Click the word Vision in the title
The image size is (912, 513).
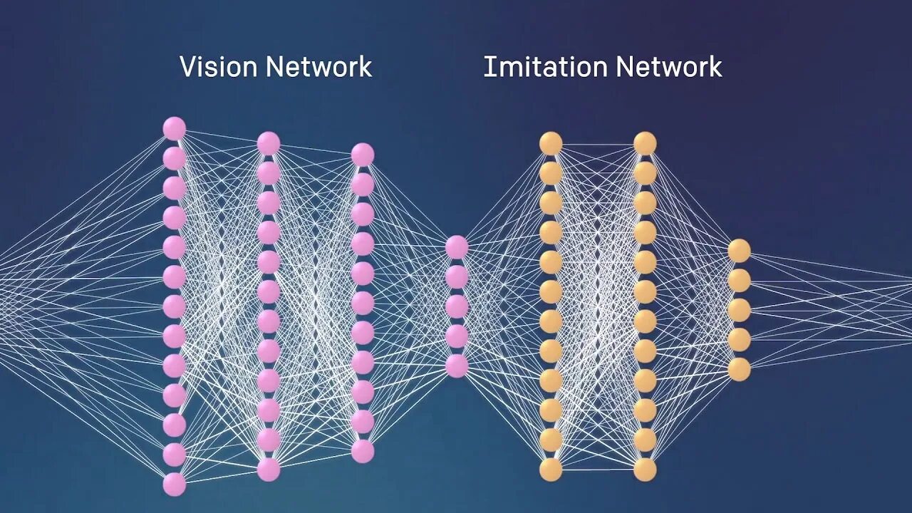tap(219, 67)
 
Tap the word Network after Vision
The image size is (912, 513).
tap(318, 67)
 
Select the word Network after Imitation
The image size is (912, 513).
tap(669, 67)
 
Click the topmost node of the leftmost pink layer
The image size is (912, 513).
tap(175, 129)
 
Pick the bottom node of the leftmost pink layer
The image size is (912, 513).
tap(175, 484)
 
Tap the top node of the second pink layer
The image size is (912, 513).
tap(269, 143)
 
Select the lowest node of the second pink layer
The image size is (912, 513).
tap(269, 470)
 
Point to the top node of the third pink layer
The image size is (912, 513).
tap(363, 155)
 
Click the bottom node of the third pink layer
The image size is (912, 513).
tap(363, 451)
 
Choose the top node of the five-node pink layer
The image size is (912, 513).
tap(457, 247)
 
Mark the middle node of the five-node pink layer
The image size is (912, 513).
tap(457, 306)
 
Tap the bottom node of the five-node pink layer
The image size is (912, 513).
tap(457, 366)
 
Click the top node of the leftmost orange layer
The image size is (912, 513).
tap(551, 143)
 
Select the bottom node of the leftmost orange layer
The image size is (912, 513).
tap(551, 470)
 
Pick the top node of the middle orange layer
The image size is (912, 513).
tap(645, 143)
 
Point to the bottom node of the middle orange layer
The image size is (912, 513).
tap(645, 470)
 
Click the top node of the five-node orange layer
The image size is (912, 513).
tap(739, 251)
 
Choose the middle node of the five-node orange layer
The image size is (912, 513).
tap(739, 310)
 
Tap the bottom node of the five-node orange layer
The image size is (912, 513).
tap(739, 369)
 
